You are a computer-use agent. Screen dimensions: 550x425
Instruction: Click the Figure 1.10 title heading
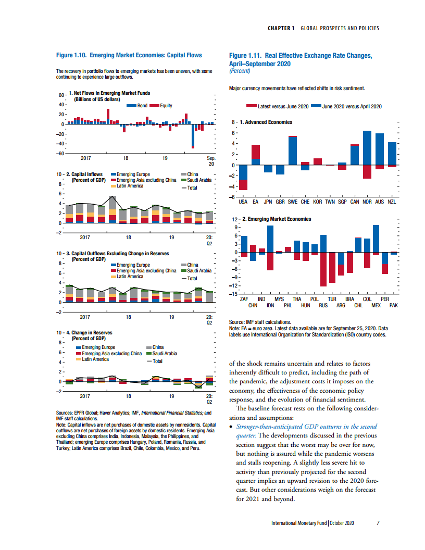(x=129, y=55)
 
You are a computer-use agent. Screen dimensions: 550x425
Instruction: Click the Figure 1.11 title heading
(x=301, y=59)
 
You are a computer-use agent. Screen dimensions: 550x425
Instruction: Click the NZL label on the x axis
(x=392, y=201)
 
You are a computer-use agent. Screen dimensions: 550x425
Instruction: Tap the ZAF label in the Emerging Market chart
(x=244, y=299)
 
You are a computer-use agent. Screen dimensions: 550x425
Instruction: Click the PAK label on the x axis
(x=393, y=306)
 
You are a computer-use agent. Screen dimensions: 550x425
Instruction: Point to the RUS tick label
(x=323, y=306)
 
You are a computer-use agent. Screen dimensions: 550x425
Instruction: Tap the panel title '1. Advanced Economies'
(x=265, y=122)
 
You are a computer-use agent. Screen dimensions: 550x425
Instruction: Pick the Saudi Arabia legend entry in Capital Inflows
(x=199, y=180)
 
